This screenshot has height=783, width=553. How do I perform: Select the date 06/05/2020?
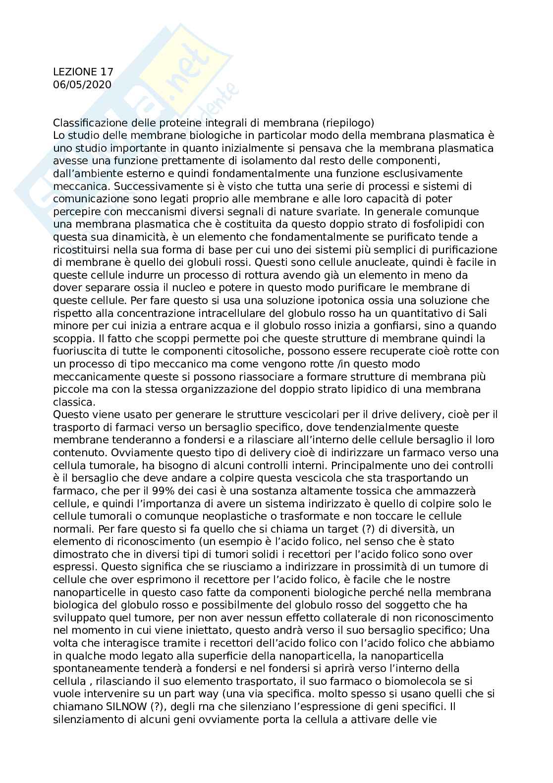(82, 85)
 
